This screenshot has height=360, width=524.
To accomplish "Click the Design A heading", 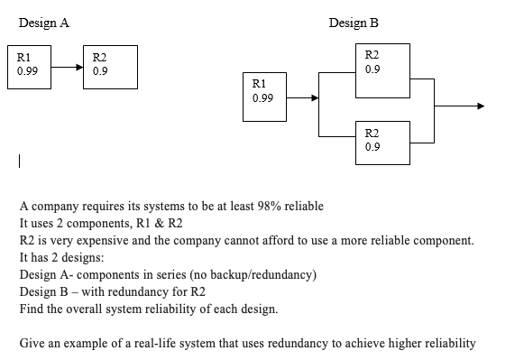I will (43, 23).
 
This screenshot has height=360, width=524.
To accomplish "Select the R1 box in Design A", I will (28, 68).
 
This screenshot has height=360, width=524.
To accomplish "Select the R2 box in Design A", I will (109, 68).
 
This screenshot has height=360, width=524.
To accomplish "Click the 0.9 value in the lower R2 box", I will (372, 146).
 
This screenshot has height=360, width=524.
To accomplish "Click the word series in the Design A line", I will (170, 274).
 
